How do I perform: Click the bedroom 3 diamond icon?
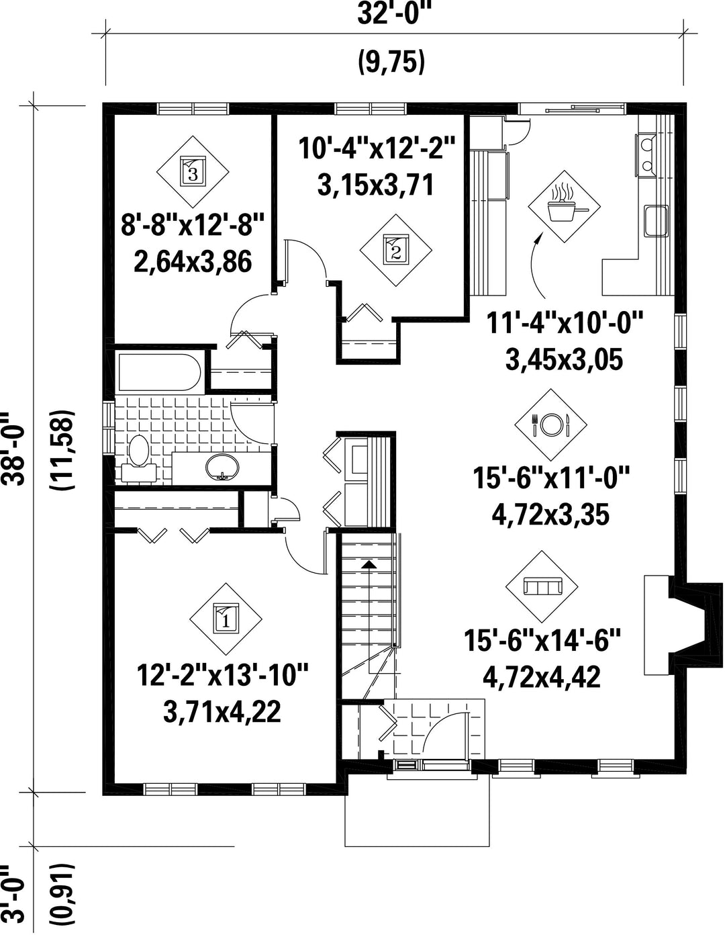pos(192,172)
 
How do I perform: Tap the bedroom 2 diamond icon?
pos(395,251)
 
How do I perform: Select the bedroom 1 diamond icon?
pos(226,619)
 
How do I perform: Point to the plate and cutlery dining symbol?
pos(551,425)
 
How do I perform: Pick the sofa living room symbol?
pos(542,586)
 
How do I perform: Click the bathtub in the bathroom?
pos(159,371)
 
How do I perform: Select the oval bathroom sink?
pos(222,467)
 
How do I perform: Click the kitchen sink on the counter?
pos(657,221)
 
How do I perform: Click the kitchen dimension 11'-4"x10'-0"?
pos(565,322)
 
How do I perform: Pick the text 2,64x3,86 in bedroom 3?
pos(193,261)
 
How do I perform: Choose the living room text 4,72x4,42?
pos(541,677)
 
